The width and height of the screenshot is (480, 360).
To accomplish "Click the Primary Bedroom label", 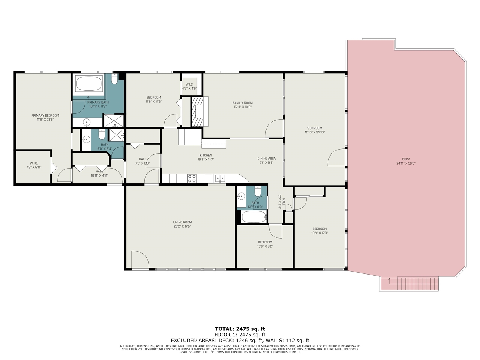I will (x=45, y=115).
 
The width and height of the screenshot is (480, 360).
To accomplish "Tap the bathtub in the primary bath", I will (x=89, y=84).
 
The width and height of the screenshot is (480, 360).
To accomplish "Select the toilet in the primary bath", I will (x=115, y=79).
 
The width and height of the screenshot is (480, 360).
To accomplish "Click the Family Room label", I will (x=243, y=103).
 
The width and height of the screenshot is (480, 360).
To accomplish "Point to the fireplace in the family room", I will (x=198, y=112).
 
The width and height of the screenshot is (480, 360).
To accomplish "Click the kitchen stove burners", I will (x=192, y=179).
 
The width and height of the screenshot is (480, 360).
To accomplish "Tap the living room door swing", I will (x=139, y=260).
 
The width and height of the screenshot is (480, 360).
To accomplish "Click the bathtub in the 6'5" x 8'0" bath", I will (x=253, y=217).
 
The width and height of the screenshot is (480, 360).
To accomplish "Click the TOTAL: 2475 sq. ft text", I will (x=240, y=329).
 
